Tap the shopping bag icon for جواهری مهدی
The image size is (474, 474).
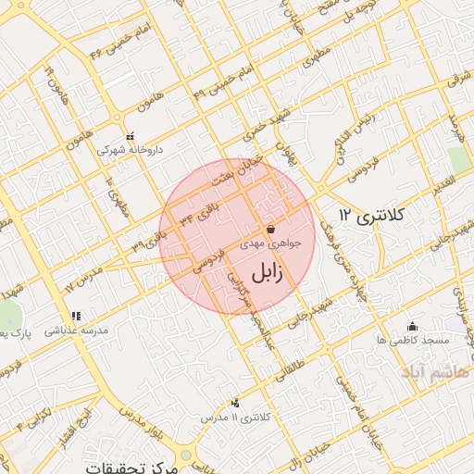pyautogui.click(x=270, y=228)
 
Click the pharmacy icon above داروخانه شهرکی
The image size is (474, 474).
pyautogui.click(x=131, y=135)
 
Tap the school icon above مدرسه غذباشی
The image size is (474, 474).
pyautogui.click(x=75, y=316)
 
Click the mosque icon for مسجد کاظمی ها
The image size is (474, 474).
pyautogui.click(x=412, y=326)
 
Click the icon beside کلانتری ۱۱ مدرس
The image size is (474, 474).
pyautogui.click(x=236, y=403)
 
